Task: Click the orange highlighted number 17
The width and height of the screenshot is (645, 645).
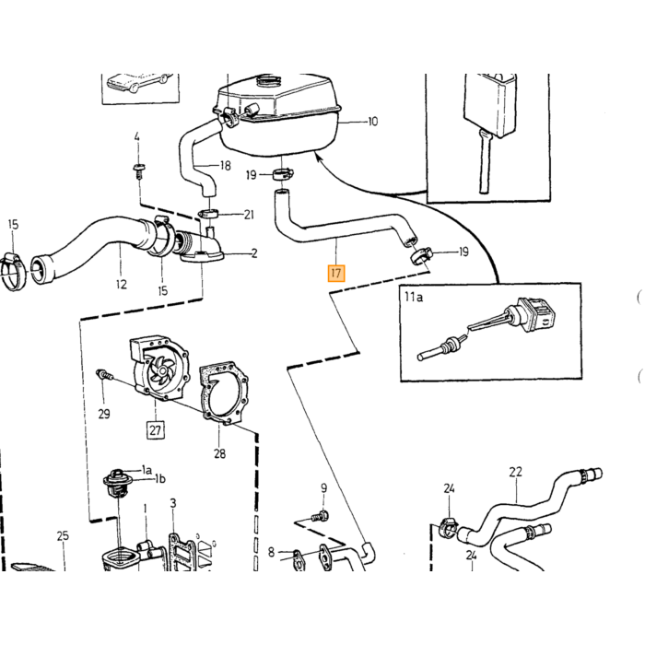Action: (336, 274)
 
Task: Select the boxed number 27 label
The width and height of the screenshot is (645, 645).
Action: (155, 430)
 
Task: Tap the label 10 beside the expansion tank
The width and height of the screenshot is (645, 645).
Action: (372, 122)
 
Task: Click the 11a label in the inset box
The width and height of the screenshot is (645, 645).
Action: (414, 297)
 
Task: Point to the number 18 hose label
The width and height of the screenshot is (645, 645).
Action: (226, 166)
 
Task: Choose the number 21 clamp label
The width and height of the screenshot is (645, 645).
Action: (249, 215)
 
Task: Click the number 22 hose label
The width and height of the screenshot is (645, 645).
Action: (515, 472)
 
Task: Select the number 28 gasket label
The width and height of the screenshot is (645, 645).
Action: (219, 453)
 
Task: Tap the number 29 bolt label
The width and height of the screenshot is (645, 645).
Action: (104, 414)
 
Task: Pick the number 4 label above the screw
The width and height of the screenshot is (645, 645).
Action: (137, 136)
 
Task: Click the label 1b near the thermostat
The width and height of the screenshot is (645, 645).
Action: (160, 479)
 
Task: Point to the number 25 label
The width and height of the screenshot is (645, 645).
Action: (63, 536)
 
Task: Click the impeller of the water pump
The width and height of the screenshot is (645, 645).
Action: (161, 369)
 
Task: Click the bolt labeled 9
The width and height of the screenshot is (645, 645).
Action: (320, 515)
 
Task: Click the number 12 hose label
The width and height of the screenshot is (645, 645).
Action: (122, 284)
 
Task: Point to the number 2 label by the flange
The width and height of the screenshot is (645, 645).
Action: (254, 253)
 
